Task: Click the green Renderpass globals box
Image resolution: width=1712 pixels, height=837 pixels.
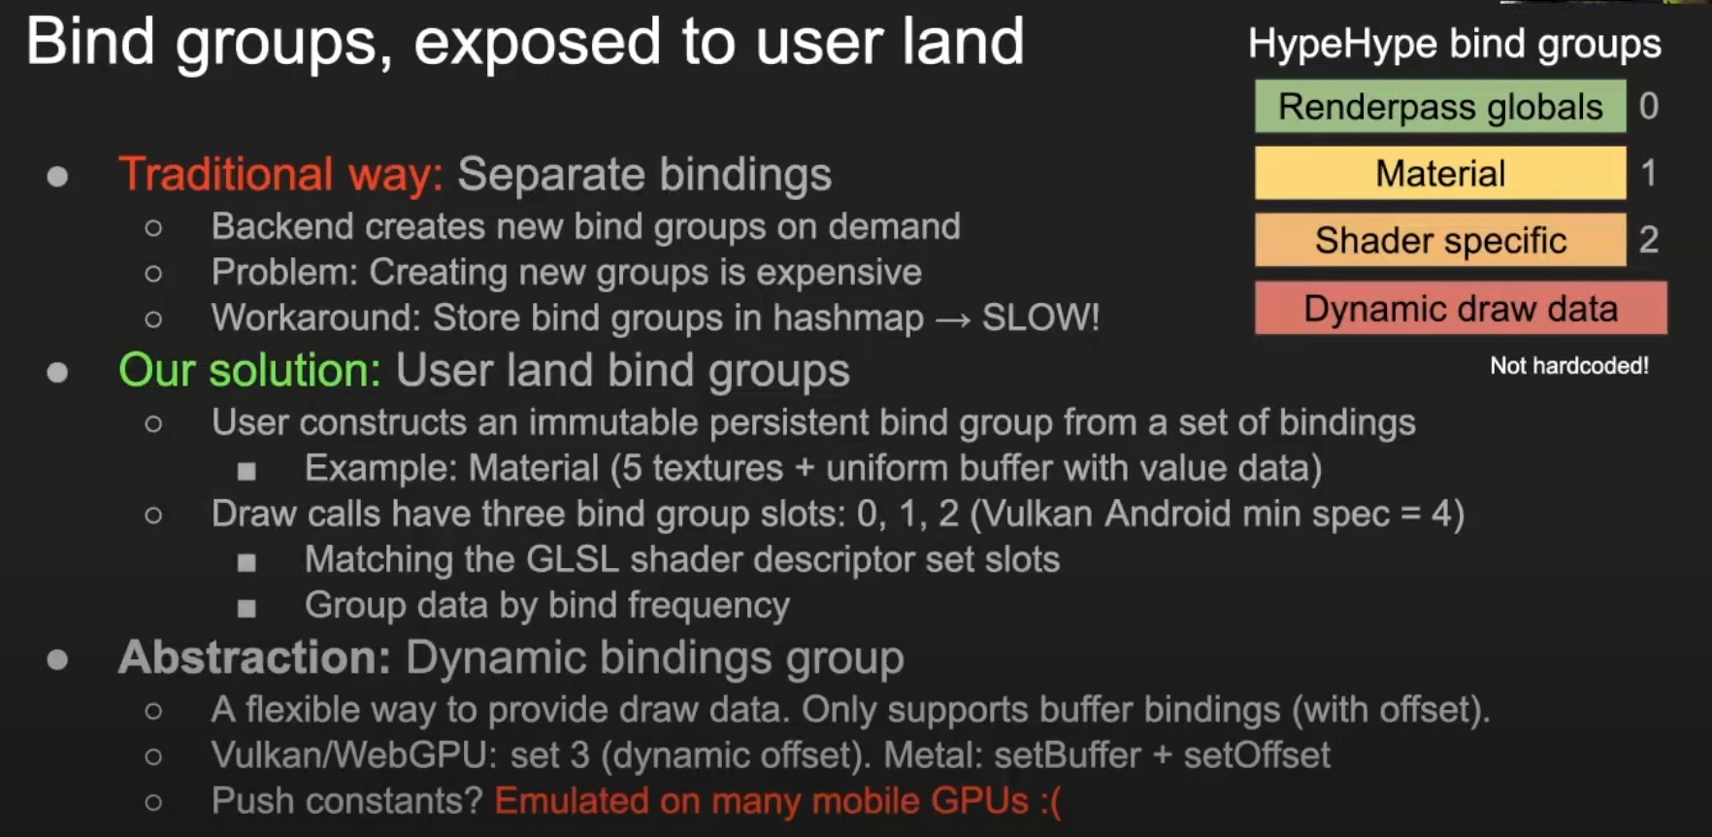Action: (1440, 106)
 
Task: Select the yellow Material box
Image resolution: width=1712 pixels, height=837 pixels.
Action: (1440, 174)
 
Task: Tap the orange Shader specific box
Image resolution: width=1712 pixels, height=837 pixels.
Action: (1440, 240)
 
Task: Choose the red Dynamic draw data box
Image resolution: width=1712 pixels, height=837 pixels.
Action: (1461, 308)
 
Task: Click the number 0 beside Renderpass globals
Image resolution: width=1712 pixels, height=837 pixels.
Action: (1649, 106)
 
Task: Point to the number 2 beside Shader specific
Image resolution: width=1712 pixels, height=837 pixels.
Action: (1649, 239)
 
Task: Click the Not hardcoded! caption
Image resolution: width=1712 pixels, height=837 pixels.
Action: (1569, 366)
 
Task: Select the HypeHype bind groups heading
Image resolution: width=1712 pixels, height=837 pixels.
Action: (1455, 45)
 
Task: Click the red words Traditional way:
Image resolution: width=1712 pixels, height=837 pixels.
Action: (280, 175)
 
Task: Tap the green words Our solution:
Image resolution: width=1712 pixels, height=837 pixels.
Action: (249, 370)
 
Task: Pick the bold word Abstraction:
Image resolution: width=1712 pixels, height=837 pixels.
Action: (254, 657)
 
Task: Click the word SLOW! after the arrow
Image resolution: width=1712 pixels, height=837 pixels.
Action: (1040, 318)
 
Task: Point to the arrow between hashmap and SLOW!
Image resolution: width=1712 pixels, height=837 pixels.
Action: (953, 320)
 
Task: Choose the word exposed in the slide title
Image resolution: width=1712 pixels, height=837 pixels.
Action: (538, 43)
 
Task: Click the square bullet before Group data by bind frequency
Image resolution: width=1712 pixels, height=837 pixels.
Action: (247, 608)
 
